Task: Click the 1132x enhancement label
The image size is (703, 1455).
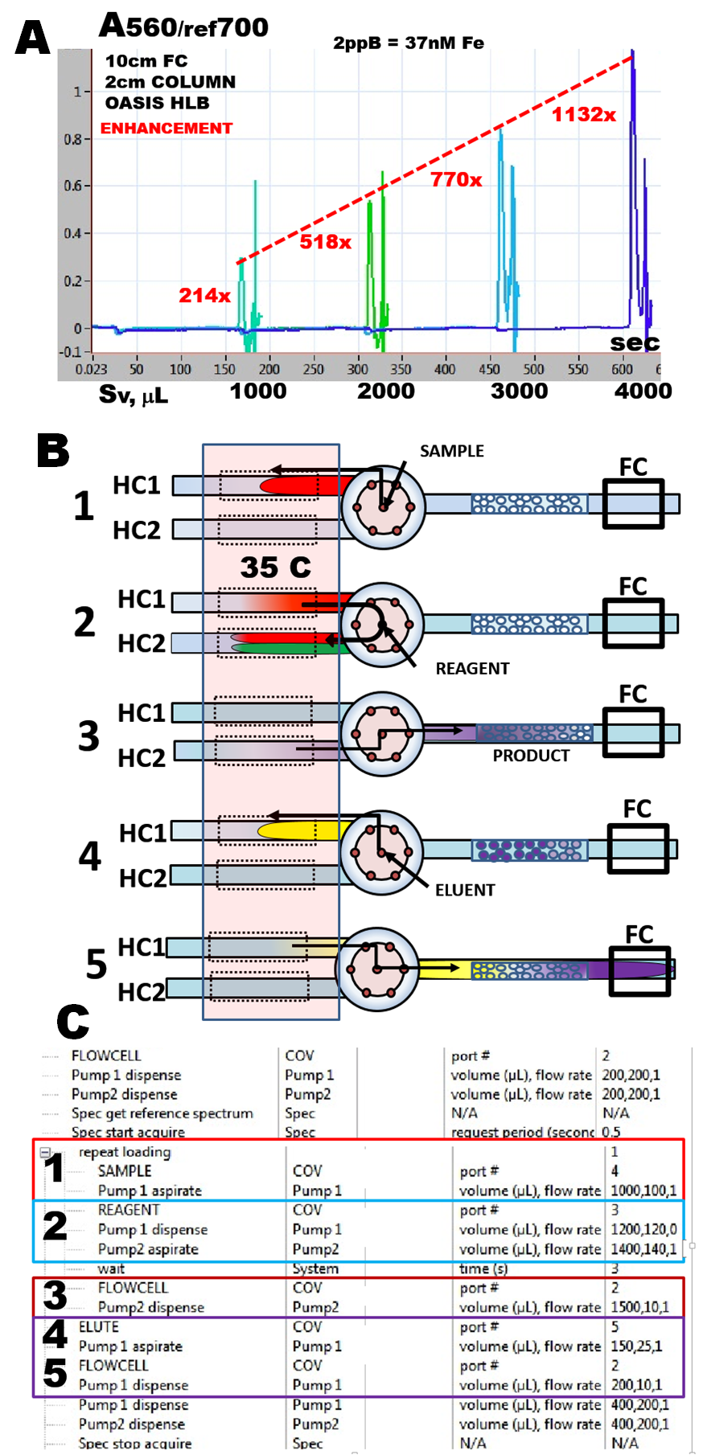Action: tap(583, 115)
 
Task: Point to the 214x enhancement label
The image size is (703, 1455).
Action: tap(204, 296)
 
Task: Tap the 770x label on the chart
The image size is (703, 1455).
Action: tap(456, 180)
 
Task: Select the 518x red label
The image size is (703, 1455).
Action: tap(325, 242)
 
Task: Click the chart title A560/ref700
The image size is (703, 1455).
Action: tap(183, 27)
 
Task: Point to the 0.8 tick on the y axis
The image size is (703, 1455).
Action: tap(72, 139)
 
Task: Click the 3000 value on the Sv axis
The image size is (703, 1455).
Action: tap(519, 391)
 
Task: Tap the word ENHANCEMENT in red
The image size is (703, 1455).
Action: tap(166, 129)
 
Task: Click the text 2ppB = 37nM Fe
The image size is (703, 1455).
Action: tap(409, 43)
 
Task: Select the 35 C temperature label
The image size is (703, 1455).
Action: tap(275, 568)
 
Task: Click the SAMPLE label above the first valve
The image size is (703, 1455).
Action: tap(451, 451)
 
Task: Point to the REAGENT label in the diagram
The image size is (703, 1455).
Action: tap(472, 669)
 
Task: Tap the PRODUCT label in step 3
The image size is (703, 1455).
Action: tap(531, 756)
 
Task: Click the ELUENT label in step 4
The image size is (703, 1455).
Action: tap(465, 890)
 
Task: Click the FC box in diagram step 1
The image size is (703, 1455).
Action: tap(633, 504)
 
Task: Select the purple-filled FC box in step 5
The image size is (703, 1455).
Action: tap(639, 969)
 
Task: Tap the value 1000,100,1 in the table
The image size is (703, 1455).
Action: tap(643, 1191)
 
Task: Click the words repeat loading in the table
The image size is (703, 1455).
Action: tap(125, 1152)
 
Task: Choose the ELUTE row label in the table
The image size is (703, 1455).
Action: tap(99, 1326)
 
